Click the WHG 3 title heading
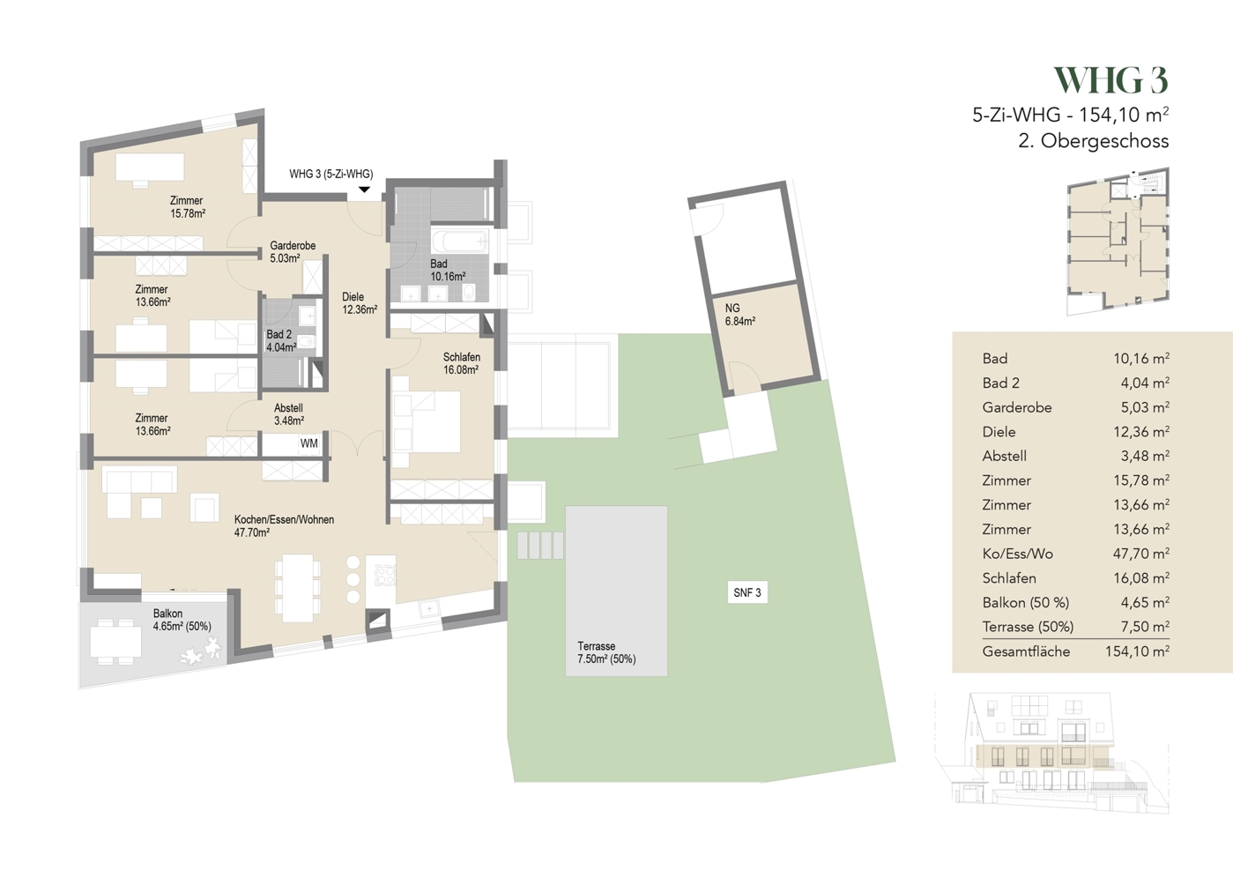click(1110, 81)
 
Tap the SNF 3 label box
click(746, 592)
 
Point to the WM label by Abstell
click(308, 443)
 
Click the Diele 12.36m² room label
click(359, 303)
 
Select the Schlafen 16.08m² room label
click(461, 363)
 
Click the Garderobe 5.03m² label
click(293, 252)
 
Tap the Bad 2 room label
click(281, 341)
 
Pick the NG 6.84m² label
click(739, 315)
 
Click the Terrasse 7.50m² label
click(605, 652)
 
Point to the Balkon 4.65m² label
click(182, 620)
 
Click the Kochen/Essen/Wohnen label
click(284, 526)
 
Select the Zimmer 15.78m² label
click(187, 206)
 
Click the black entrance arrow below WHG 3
click(364, 190)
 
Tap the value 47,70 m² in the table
click(1140, 554)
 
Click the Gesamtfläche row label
click(1026, 651)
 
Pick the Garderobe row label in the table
click(1017, 407)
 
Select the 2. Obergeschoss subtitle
click(1093, 141)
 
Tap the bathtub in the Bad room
click(459, 241)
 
